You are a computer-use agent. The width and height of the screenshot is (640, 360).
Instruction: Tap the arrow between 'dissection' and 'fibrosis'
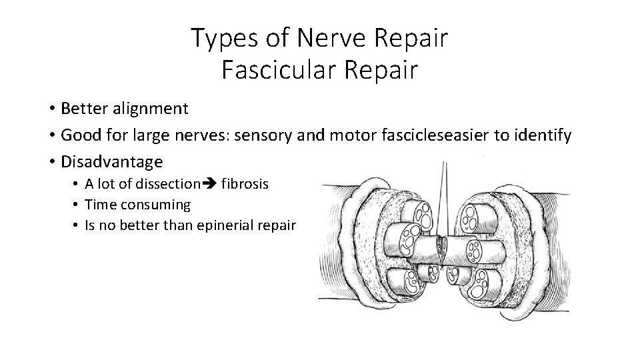pos(209,184)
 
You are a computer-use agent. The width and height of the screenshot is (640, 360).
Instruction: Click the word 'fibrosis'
pos(245,183)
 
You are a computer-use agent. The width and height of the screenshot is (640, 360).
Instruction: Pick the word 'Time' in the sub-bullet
pos(99,205)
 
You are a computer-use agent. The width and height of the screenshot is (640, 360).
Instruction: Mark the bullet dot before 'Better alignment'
pos(51,109)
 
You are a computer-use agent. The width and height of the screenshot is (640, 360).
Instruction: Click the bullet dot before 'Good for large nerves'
pos(51,137)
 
